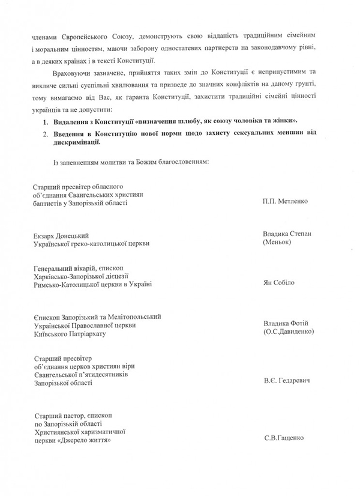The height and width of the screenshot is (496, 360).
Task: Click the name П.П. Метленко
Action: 285,201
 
